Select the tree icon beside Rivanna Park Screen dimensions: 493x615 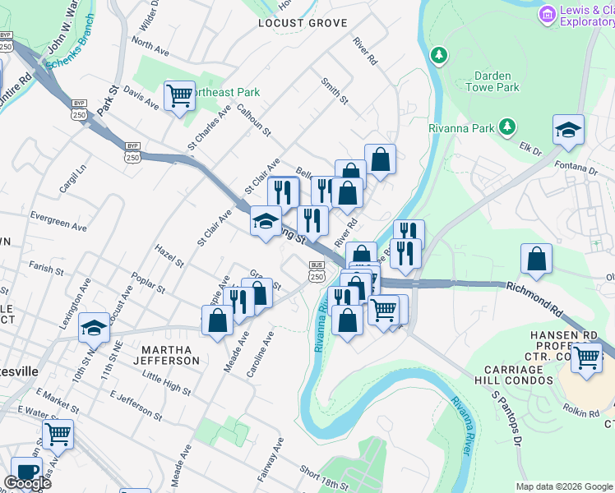507,127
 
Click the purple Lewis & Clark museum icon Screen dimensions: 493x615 547,14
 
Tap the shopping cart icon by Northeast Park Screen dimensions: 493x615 178,95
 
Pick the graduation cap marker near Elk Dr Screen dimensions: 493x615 568,131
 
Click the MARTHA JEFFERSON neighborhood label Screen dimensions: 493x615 162,355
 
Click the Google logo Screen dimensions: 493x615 27,483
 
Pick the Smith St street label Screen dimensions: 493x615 335,90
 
